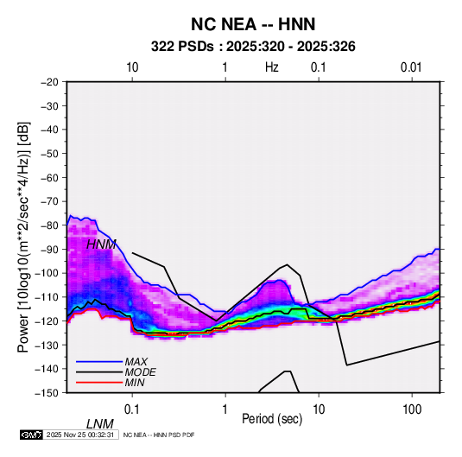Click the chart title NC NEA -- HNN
[x=253, y=24]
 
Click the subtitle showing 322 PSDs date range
[x=253, y=47]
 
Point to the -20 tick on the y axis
[x=49, y=82]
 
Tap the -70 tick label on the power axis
[x=49, y=201]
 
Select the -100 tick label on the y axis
[x=47, y=273]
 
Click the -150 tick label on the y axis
[x=47, y=393]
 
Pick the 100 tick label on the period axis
[x=412, y=409]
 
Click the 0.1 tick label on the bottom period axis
[x=132, y=409]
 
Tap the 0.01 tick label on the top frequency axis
[x=411, y=67]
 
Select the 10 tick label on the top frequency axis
[x=132, y=67]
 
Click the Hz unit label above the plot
[x=272, y=67]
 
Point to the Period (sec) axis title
[x=272, y=419]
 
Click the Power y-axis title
[x=23, y=237]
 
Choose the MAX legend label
[x=136, y=362]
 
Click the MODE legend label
[x=140, y=372]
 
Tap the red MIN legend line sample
[x=99, y=383]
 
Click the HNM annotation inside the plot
[x=101, y=244]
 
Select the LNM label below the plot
[x=100, y=424]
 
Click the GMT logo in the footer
[x=32, y=435]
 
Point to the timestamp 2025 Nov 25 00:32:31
[x=80, y=435]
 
